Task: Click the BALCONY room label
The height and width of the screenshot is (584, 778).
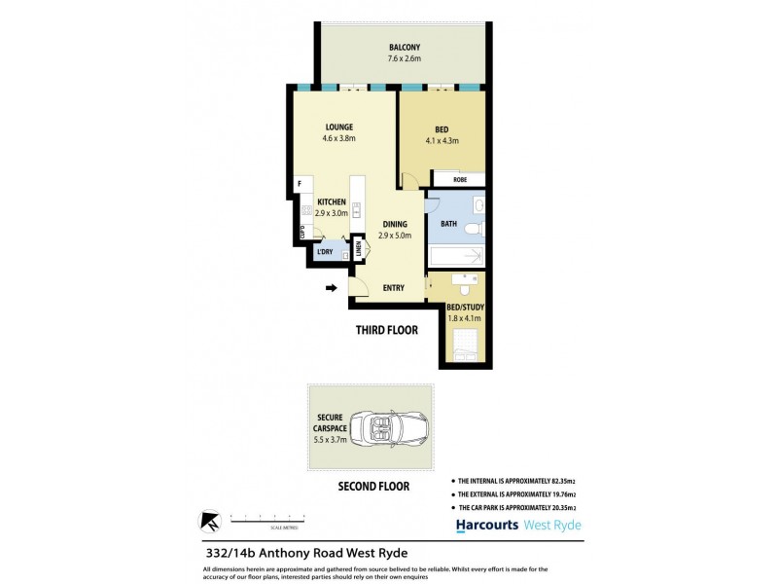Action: (405, 47)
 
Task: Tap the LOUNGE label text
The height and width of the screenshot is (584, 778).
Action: (338, 127)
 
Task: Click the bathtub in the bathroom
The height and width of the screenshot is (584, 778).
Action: (455, 257)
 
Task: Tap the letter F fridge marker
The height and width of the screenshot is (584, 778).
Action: (300, 183)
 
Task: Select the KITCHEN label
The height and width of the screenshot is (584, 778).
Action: (332, 201)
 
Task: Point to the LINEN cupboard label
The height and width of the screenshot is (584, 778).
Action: (358, 250)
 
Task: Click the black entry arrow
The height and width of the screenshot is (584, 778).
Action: (332, 288)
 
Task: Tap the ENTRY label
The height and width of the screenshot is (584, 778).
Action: (394, 287)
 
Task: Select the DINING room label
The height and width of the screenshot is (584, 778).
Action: (395, 224)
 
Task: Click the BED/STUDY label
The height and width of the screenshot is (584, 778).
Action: (465, 308)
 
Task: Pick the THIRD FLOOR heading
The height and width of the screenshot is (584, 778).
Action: (386, 330)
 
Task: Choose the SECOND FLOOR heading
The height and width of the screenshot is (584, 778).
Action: (372, 486)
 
